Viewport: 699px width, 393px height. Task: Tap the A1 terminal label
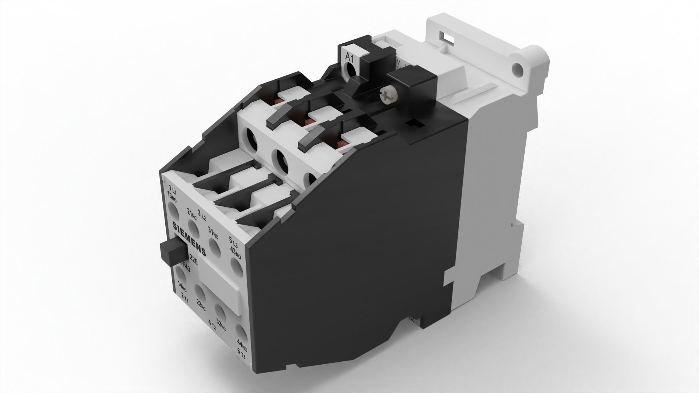coord(350,57)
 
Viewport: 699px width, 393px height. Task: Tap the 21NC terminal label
coord(191,215)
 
